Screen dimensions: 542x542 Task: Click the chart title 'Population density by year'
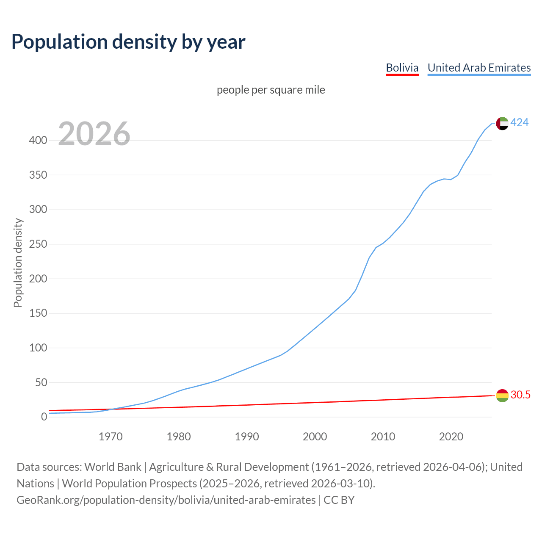click(128, 41)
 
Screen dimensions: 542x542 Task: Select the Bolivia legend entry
click(402, 68)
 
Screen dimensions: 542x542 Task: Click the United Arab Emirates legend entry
click(479, 68)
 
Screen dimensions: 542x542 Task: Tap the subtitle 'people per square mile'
click(271, 90)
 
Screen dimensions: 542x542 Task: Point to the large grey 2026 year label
click(94, 134)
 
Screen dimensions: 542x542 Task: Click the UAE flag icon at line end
click(502, 123)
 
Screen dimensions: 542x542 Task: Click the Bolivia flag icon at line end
click(502, 395)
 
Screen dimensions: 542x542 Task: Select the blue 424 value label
click(519, 122)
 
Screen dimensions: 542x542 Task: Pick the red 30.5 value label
click(520, 395)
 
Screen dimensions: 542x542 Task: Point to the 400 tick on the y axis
click(38, 140)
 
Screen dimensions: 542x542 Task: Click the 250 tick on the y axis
click(38, 244)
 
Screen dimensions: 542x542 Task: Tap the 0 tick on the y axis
click(44, 417)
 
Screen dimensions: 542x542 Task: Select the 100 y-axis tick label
click(38, 348)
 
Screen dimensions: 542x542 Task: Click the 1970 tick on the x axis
click(111, 437)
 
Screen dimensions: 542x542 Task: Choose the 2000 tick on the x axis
click(315, 437)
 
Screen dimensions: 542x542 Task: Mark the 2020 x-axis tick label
click(451, 437)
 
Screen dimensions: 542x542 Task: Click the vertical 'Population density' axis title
click(18, 263)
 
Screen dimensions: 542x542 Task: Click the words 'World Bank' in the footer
click(113, 467)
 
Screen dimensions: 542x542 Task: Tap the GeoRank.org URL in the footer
click(166, 500)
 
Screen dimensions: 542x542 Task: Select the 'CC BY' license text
click(339, 500)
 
